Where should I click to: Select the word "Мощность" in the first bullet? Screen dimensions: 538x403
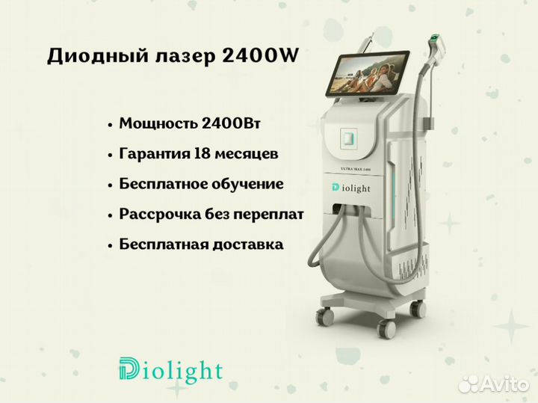click(x=158, y=123)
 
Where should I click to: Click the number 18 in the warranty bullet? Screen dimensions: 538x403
click(x=202, y=153)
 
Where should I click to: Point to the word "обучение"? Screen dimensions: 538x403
click(x=247, y=184)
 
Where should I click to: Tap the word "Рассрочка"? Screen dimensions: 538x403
click(x=160, y=215)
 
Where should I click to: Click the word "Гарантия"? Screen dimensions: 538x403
click(x=155, y=154)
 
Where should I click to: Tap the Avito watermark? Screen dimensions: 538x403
click(x=493, y=384)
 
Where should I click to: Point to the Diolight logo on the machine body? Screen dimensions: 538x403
click(x=350, y=188)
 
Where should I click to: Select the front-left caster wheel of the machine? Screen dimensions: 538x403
click(x=325, y=316)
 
